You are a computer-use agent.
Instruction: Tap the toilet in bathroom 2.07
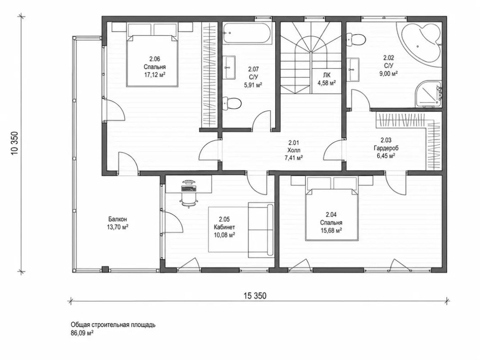coord(232,103)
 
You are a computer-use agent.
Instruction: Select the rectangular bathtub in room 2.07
coord(246,34)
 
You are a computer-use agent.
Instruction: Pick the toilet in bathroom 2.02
coord(355,40)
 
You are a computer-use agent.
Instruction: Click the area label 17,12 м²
coord(155,75)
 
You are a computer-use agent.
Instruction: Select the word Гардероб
coord(386,148)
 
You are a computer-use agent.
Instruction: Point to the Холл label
coord(294,150)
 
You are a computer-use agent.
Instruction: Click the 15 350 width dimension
coord(255,296)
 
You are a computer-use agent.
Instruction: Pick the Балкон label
coord(118,219)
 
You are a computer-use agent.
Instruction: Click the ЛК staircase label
coord(326,75)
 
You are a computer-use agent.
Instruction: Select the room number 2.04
coord(331,215)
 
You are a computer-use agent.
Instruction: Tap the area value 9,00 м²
coord(389,73)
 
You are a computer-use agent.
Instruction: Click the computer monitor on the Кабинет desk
coord(188,183)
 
